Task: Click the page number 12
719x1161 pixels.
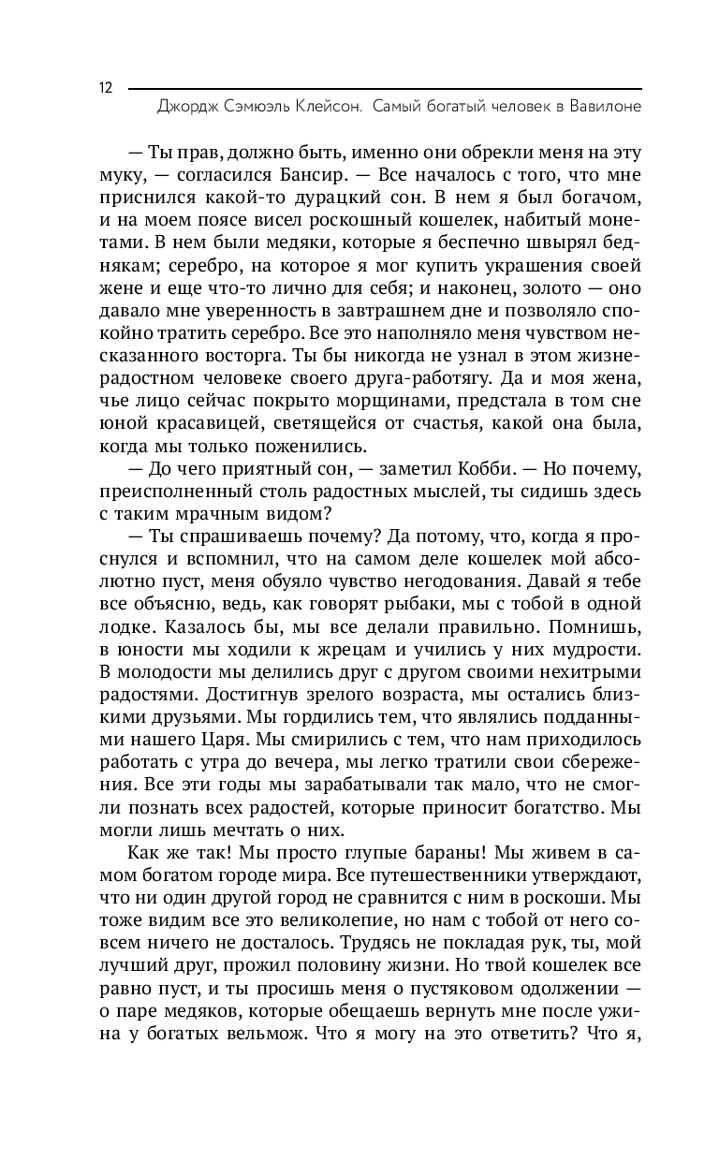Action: [x=104, y=88]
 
